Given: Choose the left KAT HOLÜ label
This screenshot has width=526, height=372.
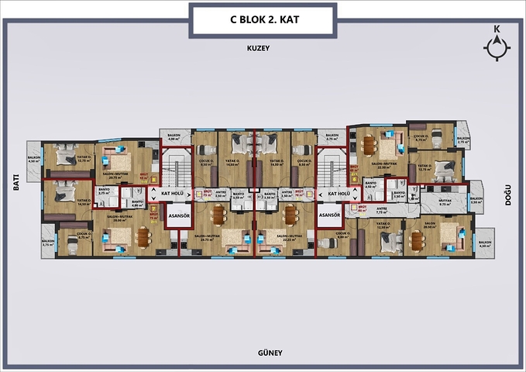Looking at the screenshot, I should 171,192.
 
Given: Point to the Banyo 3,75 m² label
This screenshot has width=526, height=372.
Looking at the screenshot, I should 105,193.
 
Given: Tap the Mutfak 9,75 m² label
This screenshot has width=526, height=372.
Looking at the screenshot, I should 445,202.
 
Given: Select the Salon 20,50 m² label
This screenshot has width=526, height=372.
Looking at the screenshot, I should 428,225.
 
